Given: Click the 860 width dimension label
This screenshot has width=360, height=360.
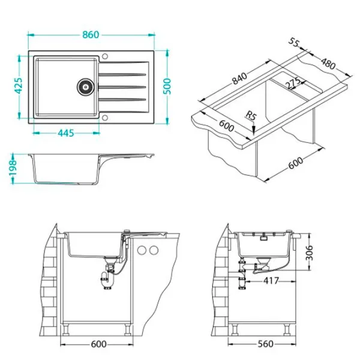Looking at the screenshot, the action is [91, 35].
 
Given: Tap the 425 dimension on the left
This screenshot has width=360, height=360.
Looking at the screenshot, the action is [19, 86].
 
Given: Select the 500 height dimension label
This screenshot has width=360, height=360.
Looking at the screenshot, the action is [167, 86].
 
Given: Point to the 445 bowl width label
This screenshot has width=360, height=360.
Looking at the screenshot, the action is [66, 133].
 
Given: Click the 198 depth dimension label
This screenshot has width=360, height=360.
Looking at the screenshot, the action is [13, 167].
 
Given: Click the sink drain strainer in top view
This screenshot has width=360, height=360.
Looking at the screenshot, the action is [85, 87].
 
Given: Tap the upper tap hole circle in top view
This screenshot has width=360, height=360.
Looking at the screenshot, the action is [105, 56].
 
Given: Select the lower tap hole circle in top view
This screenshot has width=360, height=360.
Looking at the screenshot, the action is [105, 118].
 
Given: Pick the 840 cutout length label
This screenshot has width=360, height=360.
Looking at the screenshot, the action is [239, 78].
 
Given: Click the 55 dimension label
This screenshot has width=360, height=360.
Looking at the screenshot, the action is [294, 42].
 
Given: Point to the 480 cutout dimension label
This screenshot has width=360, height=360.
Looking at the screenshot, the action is [328, 64].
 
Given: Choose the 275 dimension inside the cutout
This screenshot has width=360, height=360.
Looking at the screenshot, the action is [293, 83].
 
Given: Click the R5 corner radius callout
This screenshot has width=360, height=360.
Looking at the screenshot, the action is [250, 115].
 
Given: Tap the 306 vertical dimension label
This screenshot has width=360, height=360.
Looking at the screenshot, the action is [310, 253].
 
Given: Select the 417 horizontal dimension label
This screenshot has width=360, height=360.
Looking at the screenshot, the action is [271, 281].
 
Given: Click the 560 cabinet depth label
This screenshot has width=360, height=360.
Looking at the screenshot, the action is [266, 344].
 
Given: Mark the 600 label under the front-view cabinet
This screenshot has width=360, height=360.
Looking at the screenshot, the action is [99, 344].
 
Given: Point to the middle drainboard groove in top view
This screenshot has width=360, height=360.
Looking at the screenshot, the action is [122, 87].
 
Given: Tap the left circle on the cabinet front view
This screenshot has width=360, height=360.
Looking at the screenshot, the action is [142, 250].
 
